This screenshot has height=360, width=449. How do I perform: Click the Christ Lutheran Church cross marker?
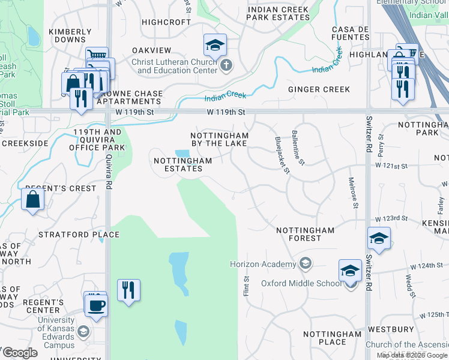click(226, 65)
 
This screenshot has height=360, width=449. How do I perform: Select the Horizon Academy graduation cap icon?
click(306, 264)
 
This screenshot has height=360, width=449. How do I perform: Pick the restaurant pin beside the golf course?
click(128, 290)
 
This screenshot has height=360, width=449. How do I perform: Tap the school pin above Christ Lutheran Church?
click(214, 45)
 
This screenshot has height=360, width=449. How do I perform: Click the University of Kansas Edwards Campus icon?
click(83, 331)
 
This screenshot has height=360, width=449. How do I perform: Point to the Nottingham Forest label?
click(305, 234)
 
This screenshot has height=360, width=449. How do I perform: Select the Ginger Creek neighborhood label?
click(319, 89)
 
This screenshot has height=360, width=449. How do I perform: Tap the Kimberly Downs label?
click(70, 36)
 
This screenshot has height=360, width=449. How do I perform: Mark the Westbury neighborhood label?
click(391, 329)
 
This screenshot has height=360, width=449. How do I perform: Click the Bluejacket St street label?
click(282, 155)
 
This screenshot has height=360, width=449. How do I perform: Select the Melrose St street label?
click(355, 193)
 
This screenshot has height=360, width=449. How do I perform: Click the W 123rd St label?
click(391, 220)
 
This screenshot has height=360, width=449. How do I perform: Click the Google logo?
click(20, 353)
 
